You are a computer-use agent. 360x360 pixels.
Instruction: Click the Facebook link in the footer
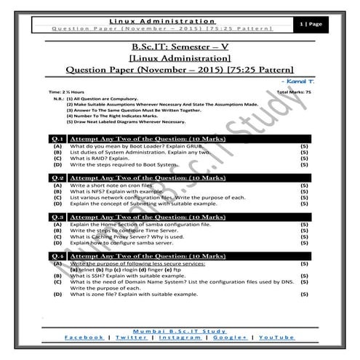pyautogui.click(x=84, y=337)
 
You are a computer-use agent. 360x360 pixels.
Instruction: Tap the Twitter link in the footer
pyautogui.click(x=130, y=337)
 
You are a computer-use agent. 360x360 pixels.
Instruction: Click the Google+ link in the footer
pyautogui.click(x=231, y=337)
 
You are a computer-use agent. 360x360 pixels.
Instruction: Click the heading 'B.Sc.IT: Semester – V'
pyautogui.click(x=180, y=46)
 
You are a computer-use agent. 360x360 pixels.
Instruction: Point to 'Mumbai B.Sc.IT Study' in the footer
pyautogui.click(x=180, y=329)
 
